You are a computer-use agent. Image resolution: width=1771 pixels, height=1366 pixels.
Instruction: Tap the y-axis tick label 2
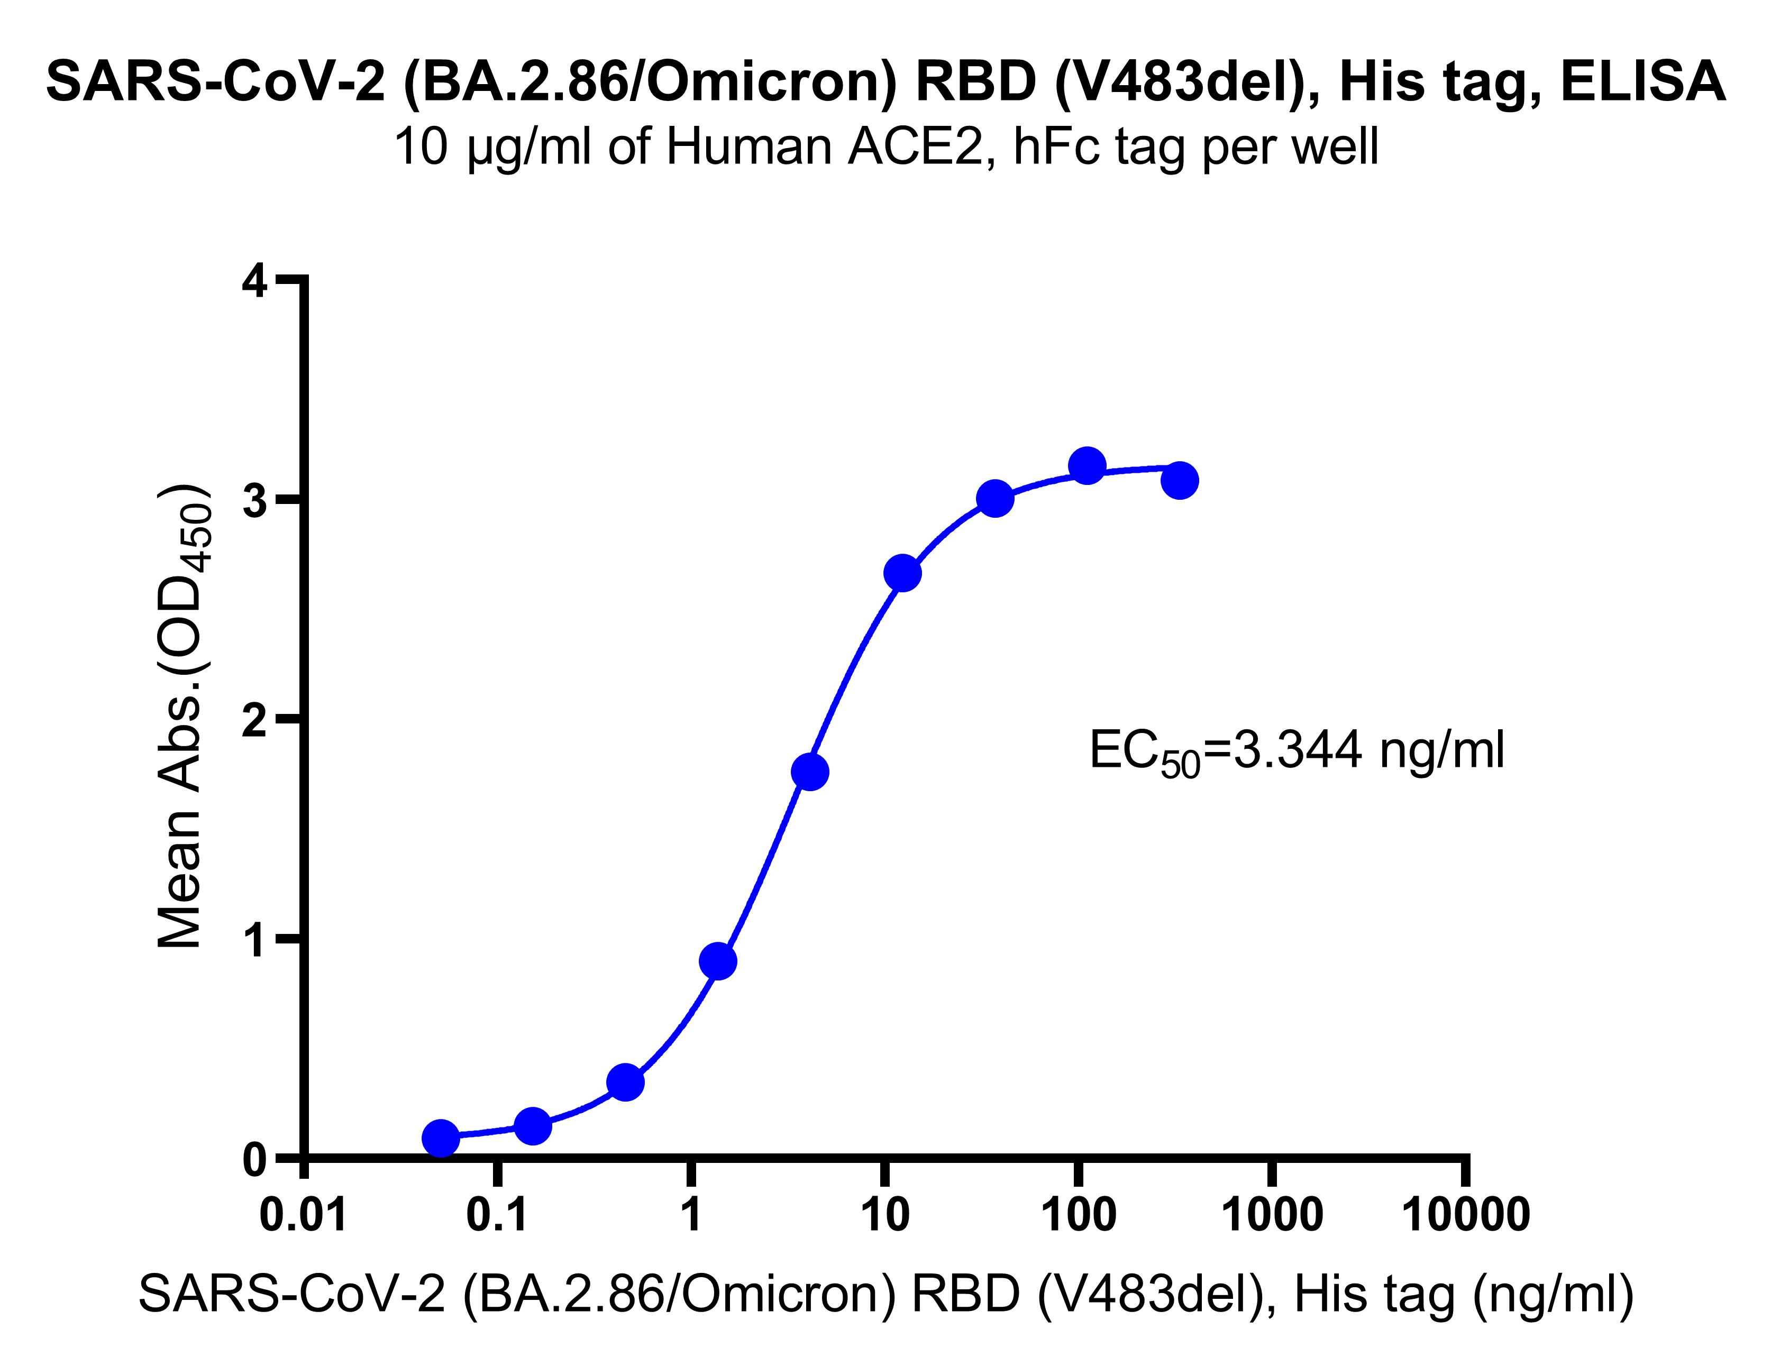[255, 719]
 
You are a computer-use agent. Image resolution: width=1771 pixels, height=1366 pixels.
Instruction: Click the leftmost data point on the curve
[440, 1138]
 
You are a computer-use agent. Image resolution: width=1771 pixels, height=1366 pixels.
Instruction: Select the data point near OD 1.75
[810, 772]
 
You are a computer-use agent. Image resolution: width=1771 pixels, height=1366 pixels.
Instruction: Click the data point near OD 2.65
[902, 573]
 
